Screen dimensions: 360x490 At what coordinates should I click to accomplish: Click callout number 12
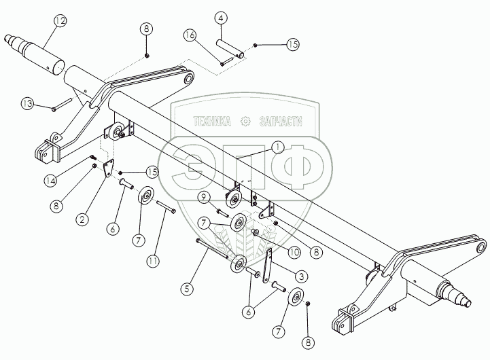60,21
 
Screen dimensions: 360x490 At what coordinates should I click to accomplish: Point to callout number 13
26,104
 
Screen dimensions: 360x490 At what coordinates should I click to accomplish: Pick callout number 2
81,219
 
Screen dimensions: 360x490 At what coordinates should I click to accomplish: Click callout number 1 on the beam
278,147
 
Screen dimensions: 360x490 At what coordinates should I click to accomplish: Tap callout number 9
203,196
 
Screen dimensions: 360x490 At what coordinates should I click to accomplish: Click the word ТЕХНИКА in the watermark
213,122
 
